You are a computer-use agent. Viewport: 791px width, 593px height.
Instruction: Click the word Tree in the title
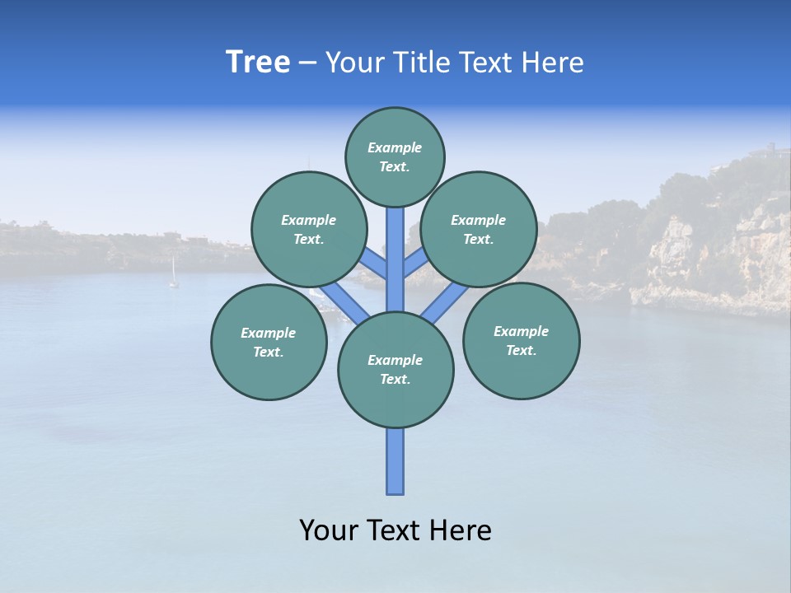point(258,63)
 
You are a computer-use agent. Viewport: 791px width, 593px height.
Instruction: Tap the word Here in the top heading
point(552,63)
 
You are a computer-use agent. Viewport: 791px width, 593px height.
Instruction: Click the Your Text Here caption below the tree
point(395,530)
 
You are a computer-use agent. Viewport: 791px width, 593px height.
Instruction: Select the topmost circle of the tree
point(395,156)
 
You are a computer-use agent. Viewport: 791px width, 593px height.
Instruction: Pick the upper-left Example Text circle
point(308,230)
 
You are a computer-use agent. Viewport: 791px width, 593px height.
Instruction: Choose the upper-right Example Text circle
point(479,230)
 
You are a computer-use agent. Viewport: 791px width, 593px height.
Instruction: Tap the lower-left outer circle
point(269,342)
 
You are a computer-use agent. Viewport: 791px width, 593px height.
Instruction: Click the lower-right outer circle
point(521,340)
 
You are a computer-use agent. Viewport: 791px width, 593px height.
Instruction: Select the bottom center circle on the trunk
point(395,370)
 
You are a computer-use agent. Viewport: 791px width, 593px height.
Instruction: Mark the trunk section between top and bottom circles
point(395,259)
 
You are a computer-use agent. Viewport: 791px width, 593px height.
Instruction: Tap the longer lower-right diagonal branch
point(445,302)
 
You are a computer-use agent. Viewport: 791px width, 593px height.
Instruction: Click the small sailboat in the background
point(173,273)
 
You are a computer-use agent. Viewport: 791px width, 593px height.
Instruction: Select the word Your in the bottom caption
point(328,530)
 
